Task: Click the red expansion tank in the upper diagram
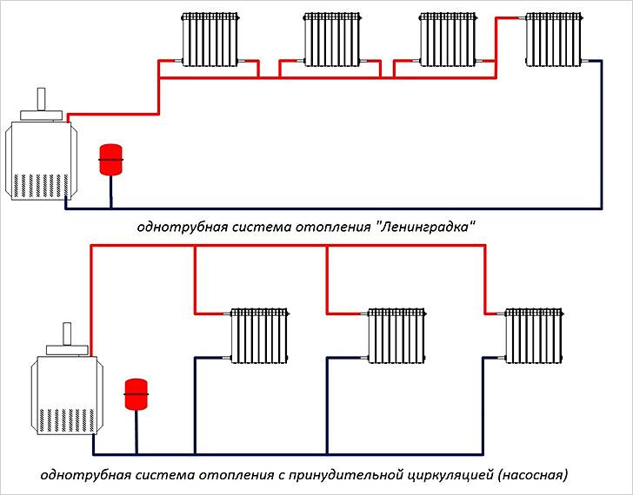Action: (x=110, y=160)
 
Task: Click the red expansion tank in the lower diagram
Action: (x=136, y=394)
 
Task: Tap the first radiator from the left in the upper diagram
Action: (x=210, y=39)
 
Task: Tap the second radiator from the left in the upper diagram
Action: (x=332, y=39)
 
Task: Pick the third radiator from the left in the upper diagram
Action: (x=448, y=39)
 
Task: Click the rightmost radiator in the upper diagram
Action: (x=554, y=39)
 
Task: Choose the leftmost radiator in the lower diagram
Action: (x=260, y=336)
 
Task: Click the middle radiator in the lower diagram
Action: (x=396, y=336)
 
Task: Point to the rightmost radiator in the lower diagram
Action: (x=534, y=336)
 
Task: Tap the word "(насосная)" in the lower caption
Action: (x=533, y=474)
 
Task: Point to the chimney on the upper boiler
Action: (x=41, y=99)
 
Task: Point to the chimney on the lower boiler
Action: (x=67, y=333)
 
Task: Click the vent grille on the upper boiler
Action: (x=41, y=186)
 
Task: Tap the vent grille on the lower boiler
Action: (x=67, y=420)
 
